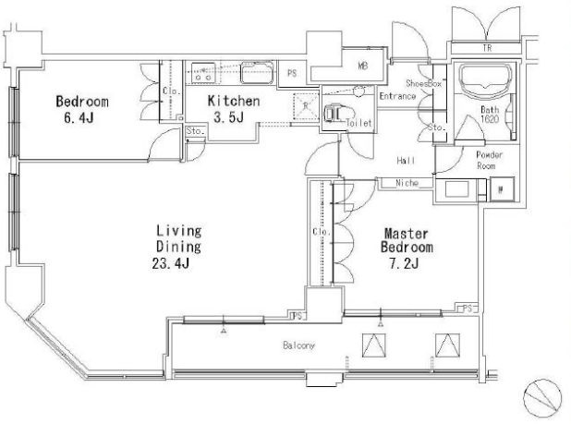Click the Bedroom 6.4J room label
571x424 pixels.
[82, 109]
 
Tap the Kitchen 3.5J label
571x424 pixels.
[234, 108]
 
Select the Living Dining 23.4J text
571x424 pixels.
[177, 247]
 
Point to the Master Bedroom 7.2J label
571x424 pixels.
[407, 248]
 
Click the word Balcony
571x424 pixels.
[298, 345]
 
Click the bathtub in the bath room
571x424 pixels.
[483, 81]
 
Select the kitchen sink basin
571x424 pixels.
[256, 73]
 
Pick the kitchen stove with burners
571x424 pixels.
[203, 72]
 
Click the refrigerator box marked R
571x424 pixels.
[306, 106]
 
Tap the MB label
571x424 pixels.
[362, 66]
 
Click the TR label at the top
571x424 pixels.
[487, 48]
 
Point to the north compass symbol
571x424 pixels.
[542, 397]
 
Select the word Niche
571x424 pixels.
[407, 183]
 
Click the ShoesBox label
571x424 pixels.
[423, 83]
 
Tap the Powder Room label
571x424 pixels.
[489, 160]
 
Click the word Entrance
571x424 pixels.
[397, 96]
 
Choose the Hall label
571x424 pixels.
[406, 160]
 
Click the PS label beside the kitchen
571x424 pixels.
[292, 74]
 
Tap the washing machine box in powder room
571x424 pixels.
[502, 188]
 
